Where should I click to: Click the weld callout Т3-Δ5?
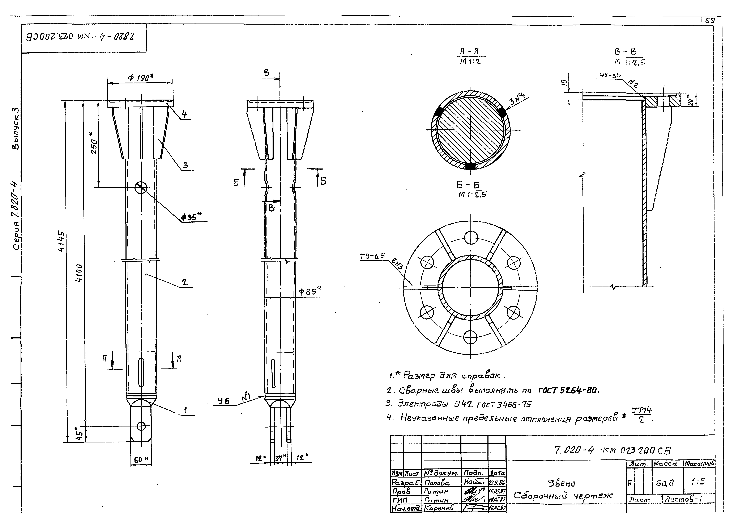coord(372,256)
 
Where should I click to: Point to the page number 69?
coord(709,20)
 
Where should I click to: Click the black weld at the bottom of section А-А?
coord(471,166)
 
